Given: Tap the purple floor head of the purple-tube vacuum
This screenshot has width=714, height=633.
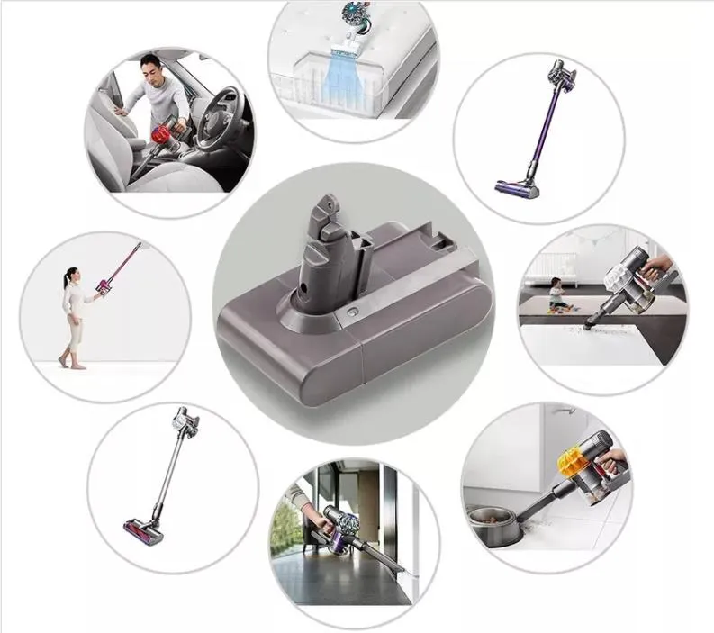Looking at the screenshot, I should click(x=518, y=188).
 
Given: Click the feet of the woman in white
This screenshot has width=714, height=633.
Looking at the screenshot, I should click(x=69, y=362).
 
